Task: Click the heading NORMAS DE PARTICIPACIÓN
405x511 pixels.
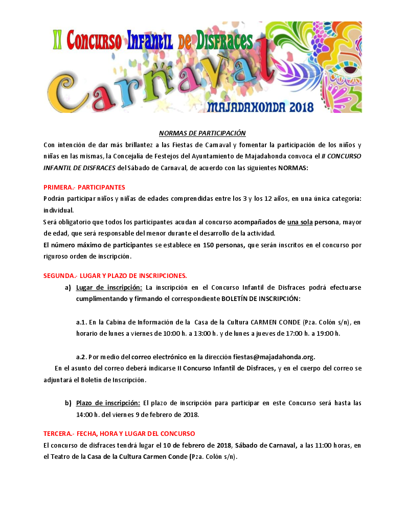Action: click(202, 133)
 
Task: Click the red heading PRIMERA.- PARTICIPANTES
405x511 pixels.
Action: click(84, 187)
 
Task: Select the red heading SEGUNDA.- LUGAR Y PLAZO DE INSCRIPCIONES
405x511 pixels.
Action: click(115, 275)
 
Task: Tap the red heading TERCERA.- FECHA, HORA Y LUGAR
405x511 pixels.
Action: click(119, 433)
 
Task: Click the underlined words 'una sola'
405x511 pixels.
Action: click(299, 222)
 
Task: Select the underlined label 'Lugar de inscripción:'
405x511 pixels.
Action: click(108, 287)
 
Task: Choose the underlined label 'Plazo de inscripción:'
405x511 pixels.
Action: click(108, 403)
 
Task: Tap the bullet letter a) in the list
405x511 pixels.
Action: click(67, 287)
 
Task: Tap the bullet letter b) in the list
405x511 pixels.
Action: click(67, 403)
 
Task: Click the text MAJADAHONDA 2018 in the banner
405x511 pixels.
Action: click(260, 108)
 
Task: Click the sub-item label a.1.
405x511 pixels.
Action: click(82, 322)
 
